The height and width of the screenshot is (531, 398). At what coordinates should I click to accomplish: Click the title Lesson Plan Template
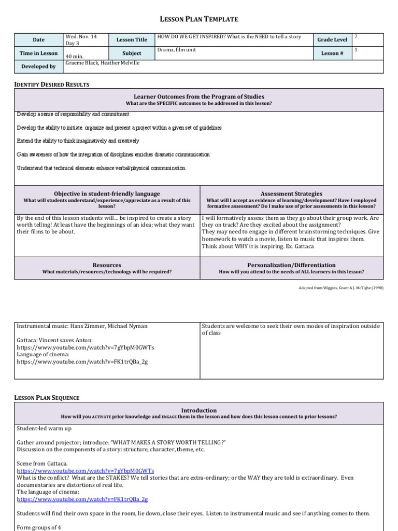[198, 19]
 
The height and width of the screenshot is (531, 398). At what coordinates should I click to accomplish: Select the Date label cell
[38, 39]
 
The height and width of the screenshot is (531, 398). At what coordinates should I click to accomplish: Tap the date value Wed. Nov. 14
[81, 37]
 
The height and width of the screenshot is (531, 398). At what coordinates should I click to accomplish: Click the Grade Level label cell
[332, 39]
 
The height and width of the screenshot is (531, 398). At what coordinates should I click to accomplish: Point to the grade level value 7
[356, 37]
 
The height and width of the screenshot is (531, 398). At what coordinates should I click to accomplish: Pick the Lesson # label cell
[332, 53]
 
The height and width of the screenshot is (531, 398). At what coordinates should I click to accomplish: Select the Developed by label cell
[38, 66]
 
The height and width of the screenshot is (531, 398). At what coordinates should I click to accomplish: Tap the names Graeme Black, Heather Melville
[102, 63]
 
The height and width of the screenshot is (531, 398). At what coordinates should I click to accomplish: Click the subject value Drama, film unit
[176, 50]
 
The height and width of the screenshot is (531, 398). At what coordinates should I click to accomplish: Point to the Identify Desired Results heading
[51, 84]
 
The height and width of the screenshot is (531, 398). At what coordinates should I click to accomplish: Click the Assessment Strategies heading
[291, 194]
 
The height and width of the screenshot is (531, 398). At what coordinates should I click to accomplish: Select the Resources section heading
[107, 265]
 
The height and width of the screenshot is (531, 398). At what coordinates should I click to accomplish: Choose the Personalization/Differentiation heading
[291, 265]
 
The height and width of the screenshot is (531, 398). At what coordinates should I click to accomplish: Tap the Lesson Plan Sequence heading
[47, 398]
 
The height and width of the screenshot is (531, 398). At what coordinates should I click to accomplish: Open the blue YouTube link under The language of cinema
[82, 499]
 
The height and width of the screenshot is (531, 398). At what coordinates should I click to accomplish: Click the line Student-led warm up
[44, 428]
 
